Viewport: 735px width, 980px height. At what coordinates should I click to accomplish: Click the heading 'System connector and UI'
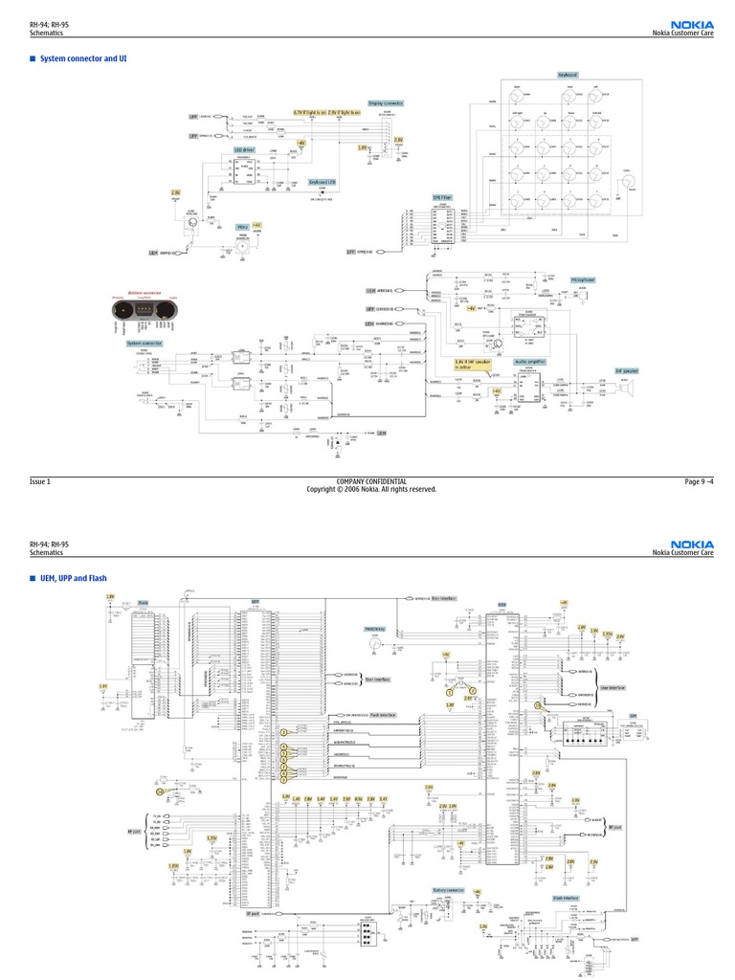click(83, 58)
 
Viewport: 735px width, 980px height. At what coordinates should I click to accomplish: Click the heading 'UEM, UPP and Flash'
click(73, 578)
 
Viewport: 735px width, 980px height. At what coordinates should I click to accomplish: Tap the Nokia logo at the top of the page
click(691, 25)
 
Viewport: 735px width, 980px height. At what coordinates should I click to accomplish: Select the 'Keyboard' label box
click(568, 75)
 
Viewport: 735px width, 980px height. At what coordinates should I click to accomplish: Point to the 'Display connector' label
click(386, 103)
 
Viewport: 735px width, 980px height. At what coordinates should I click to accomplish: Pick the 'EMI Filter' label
click(441, 197)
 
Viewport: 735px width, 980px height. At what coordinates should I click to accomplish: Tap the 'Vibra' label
click(242, 227)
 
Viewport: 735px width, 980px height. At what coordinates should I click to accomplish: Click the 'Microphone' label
click(583, 279)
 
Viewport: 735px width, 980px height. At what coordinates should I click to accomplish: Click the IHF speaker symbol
click(630, 388)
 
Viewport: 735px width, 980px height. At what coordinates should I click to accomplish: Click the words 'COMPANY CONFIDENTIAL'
click(371, 481)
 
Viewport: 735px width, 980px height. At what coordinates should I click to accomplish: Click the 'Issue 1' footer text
click(40, 481)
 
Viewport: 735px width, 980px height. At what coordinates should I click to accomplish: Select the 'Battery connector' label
click(448, 889)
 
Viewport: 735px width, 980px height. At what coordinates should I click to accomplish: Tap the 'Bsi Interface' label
click(444, 598)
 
